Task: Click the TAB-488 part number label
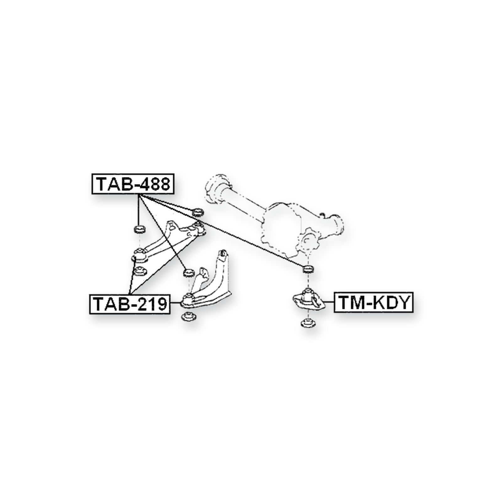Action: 132,184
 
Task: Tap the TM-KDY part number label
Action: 374,302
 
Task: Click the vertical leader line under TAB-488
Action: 139,210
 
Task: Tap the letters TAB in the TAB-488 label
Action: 114,184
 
